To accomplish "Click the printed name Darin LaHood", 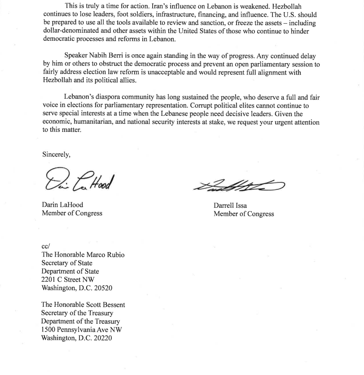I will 62,205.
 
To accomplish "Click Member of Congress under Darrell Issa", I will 244,214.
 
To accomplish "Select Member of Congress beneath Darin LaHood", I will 72,214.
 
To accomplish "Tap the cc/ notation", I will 45,246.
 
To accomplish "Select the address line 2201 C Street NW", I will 68,280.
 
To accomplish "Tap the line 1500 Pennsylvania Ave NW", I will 81,330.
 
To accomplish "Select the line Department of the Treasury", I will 80,321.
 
